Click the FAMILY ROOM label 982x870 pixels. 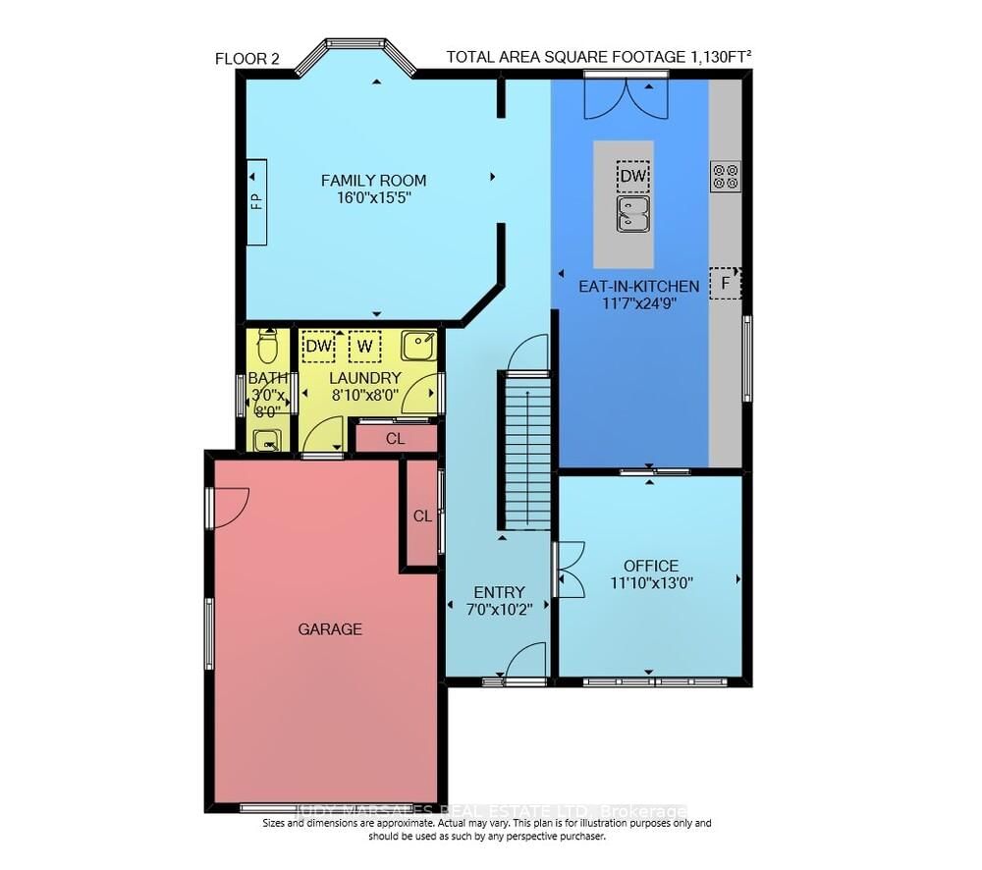pos(374,180)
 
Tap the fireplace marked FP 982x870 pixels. pos(256,201)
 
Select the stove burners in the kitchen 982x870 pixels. pos(726,177)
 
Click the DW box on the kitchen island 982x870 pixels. pos(633,176)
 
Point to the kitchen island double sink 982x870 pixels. pos(633,213)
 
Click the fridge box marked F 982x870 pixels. pos(726,284)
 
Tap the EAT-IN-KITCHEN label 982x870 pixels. pos(639,287)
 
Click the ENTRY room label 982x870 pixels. pos(499,592)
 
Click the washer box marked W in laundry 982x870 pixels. pos(364,347)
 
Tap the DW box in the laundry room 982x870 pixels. pos(317,347)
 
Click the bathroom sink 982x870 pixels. pos(267,441)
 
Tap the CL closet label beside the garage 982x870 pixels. pos(422,516)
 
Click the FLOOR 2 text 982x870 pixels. pos(247,59)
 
